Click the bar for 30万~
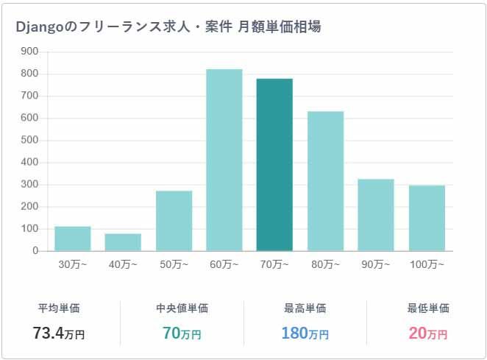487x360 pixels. click(x=73, y=239)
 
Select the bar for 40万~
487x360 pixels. click(x=123, y=242)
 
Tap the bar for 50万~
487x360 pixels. click(x=174, y=221)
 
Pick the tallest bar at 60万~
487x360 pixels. click(x=224, y=160)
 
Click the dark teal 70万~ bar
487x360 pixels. click(x=274, y=165)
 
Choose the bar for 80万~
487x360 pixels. click(x=325, y=181)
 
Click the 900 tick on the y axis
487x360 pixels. click(x=29, y=52)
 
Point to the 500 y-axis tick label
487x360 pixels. click(x=29, y=140)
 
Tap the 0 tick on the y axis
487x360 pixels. click(x=35, y=251)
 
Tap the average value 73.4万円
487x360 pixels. click(x=59, y=333)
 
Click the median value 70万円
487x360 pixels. click(x=182, y=333)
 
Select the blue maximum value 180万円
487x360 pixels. click(x=305, y=333)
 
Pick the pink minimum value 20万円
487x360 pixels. click(x=427, y=333)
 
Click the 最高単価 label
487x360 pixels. click(x=305, y=308)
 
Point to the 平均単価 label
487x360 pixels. click(x=59, y=308)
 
